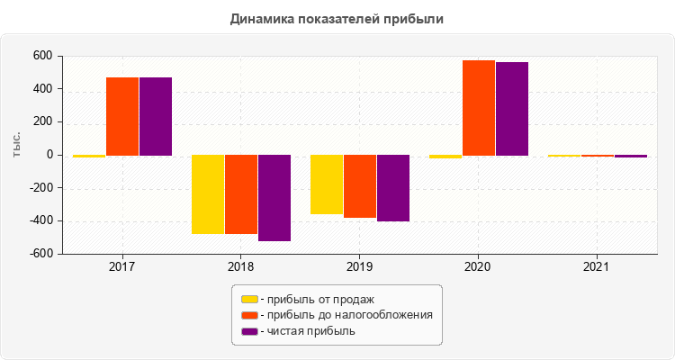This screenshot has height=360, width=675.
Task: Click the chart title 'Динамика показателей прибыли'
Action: coord(337,18)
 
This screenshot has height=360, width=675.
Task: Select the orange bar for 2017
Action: coord(122,116)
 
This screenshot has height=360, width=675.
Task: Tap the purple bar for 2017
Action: coord(156,116)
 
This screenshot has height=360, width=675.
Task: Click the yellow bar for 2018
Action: coord(208,194)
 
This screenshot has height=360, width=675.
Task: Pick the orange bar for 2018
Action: coord(241,194)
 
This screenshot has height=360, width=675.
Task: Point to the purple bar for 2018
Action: coord(274,198)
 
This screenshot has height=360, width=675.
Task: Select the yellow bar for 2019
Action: coord(327,184)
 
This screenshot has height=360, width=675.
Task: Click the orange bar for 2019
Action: coord(360,186)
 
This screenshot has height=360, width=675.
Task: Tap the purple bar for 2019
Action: coord(393,188)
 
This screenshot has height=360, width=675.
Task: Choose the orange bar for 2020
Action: coord(479,108)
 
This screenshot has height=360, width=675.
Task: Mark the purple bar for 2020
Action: coord(512,109)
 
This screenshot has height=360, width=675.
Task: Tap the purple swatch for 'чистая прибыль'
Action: coord(249,331)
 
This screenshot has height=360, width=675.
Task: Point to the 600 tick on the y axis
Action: coord(42,57)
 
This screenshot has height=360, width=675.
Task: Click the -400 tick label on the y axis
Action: coord(39,221)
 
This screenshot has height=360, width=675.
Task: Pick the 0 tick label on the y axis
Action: coord(49,156)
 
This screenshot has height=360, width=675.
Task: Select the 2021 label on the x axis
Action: coord(597,267)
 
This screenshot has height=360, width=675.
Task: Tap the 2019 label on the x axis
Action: coord(359,267)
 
